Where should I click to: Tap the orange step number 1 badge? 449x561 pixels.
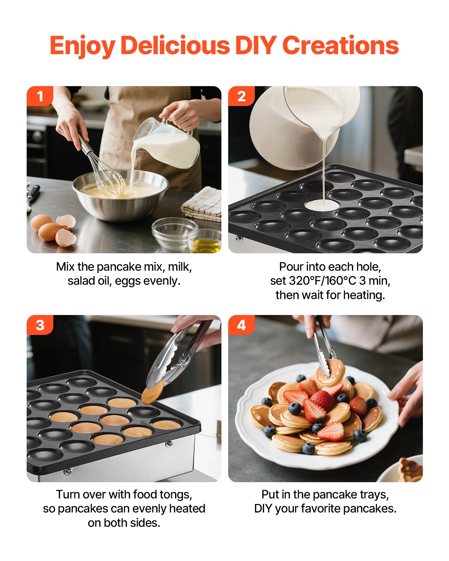40,96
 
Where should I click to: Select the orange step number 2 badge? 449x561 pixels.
241,96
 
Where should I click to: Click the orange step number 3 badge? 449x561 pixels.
40,325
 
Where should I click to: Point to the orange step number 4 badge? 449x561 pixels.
241,325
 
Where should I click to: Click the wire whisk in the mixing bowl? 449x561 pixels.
107,174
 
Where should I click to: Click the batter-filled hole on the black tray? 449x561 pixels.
322,205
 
